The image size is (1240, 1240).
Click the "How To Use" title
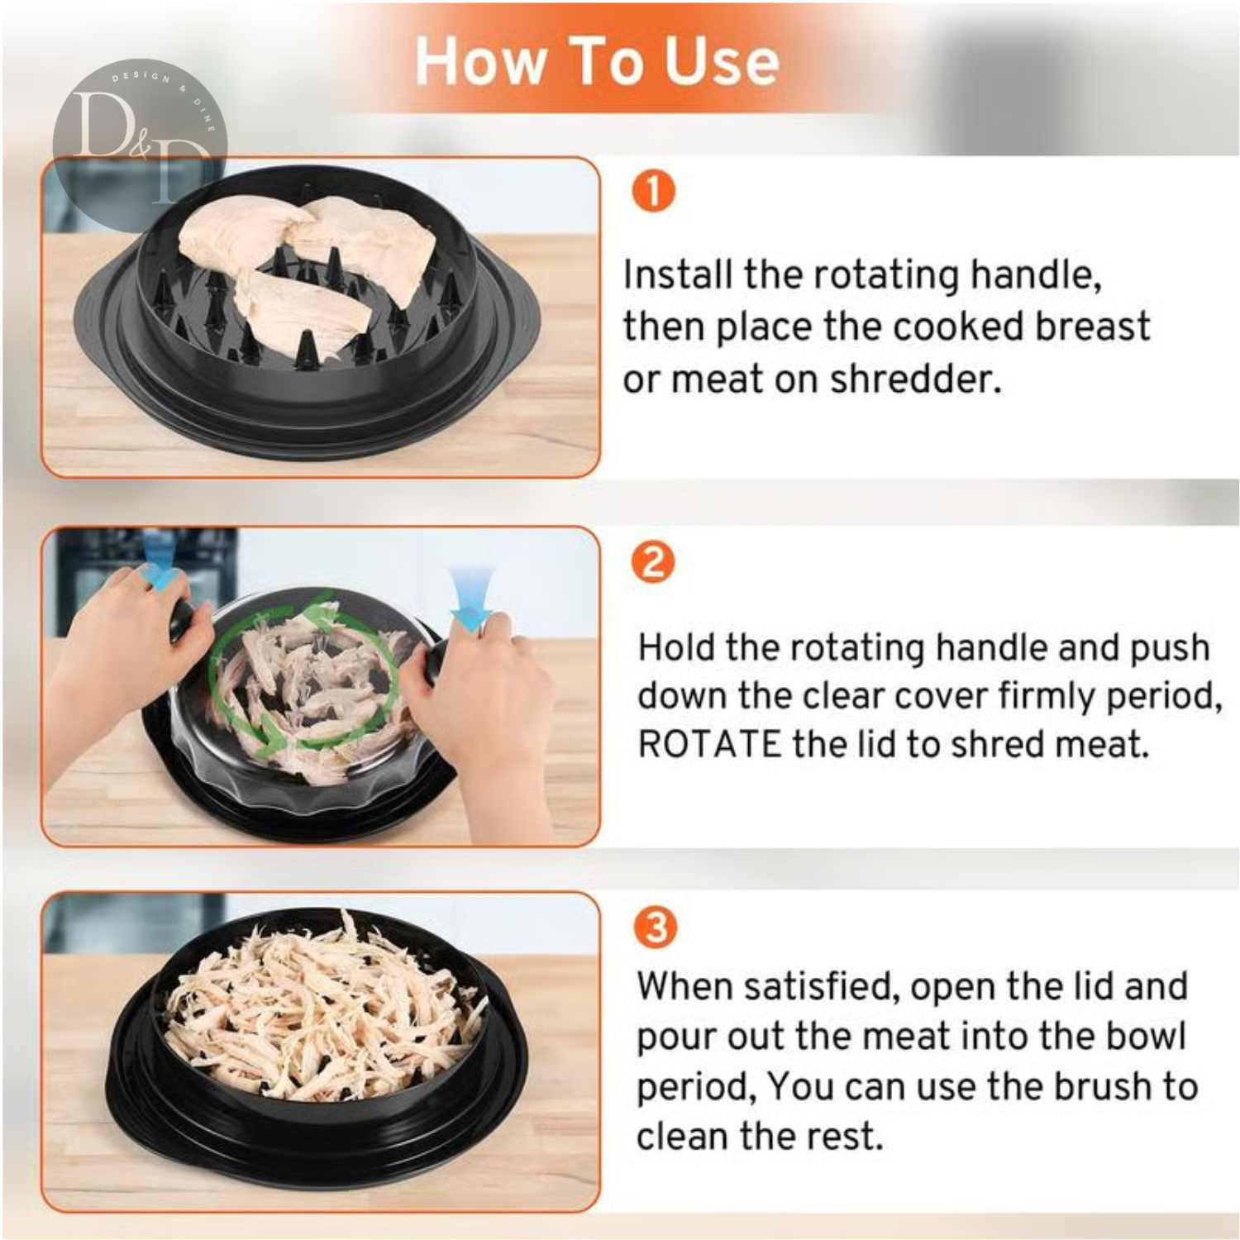(597, 61)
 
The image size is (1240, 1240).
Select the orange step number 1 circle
(654, 191)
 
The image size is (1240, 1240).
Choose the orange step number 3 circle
(656, 927)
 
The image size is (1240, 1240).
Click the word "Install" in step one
(677, 274)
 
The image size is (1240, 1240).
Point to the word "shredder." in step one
(916, 379)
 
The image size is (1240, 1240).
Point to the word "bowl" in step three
(1147, 1036)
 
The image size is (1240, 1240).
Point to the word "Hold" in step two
(675, 647)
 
